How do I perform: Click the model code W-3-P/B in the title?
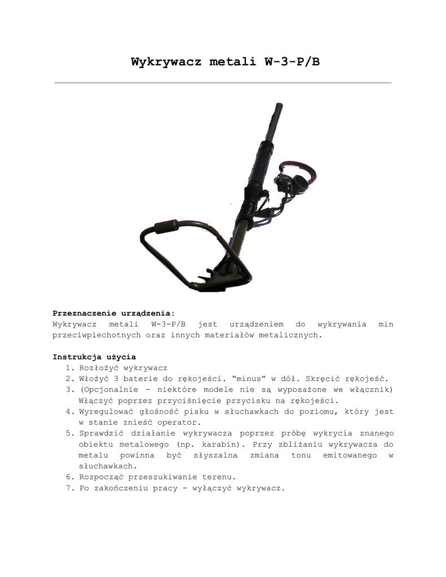292,61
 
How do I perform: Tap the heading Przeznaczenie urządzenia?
113,313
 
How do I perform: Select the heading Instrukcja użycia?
94,357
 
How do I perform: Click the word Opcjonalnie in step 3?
112,390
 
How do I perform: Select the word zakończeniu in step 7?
122,488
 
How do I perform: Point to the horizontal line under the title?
223,83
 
